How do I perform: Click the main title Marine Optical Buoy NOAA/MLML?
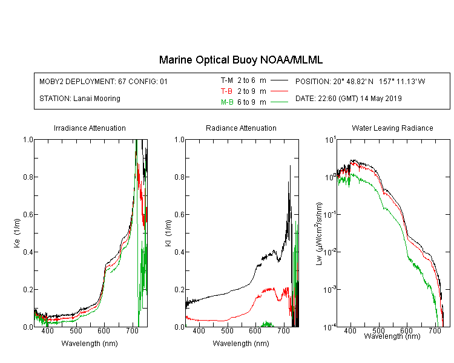(x=240, y=60)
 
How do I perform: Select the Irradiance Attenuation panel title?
(x=90, y=128)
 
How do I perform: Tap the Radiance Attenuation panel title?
(x=241, y=128)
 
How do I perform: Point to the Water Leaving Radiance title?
(x=392, y=128)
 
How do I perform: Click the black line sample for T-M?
(x=279, y=80)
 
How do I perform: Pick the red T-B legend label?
(x=226, y=91)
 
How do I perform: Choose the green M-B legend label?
(x=227, y=102)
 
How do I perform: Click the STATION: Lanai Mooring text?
(x=80, y=99)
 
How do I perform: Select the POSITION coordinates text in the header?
(x=360, y=81)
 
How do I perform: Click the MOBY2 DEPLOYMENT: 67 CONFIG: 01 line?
(x=104, y=81)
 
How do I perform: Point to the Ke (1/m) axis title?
(x=17, y=233)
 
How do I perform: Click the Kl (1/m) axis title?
(x=168, y=233)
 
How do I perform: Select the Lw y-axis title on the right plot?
(x=319, y=234)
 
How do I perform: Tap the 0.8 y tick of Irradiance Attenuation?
(x=28, y=177)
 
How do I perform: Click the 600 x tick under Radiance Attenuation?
(x=255, y=330)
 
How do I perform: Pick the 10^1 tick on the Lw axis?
(x=331, y=140)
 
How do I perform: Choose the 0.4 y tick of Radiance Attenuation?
(x=179, y=252)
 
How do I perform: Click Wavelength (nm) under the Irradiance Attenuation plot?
(x=90, y=344)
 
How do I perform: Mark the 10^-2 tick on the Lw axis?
(x=330, y=252)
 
